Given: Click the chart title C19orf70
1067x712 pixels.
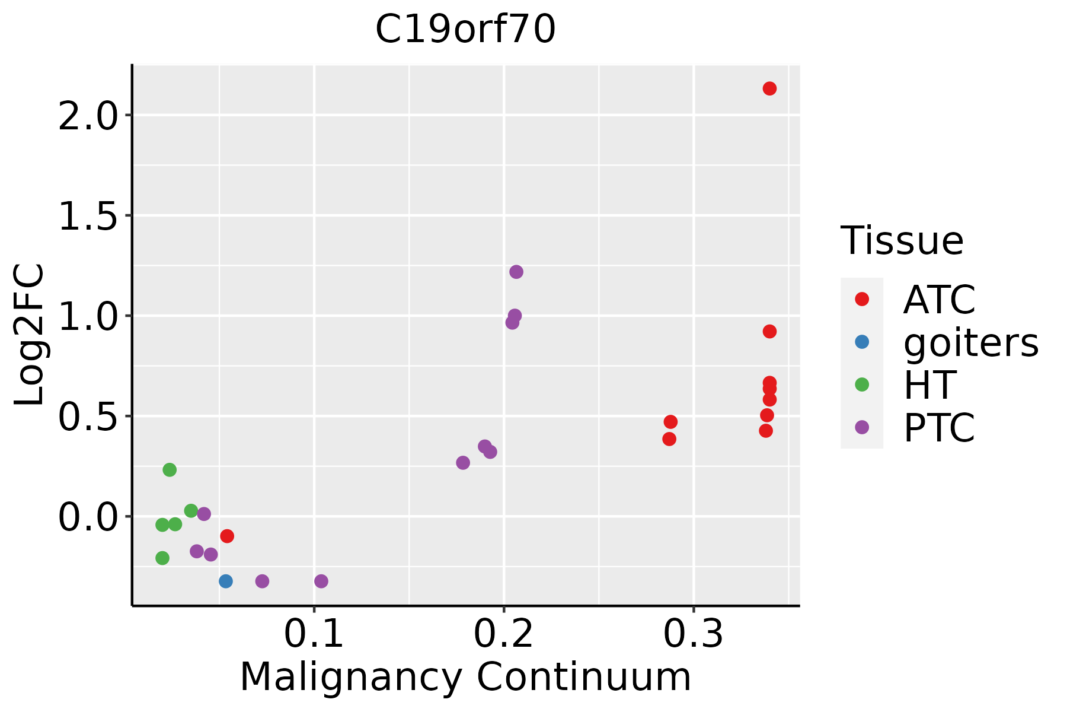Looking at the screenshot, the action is point(465,30).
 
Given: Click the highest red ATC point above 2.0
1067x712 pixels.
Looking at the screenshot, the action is point(769,88).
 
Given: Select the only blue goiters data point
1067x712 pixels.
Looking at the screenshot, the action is point(225,581).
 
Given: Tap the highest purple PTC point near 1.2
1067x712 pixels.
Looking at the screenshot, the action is point(516,272).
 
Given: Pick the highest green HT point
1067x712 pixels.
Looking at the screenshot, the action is point(170,470).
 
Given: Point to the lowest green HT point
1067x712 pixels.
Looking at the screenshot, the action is point(162,558).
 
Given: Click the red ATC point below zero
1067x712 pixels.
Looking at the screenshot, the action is point(226,536).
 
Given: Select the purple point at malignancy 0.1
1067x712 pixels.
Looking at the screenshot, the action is point(321,581).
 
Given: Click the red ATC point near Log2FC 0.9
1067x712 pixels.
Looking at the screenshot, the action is point(769,331).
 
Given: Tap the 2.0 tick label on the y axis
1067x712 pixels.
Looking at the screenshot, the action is point(88,115).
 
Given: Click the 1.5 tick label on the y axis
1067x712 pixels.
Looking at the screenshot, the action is point(88,215).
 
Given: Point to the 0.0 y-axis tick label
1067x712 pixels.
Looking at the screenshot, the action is point(88,516).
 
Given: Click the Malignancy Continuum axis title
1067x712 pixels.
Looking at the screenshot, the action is point(465,677).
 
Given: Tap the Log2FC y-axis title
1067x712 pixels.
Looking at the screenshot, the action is point(30,335).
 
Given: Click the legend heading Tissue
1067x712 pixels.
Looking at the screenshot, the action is point(902,241).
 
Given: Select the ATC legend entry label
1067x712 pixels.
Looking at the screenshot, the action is point(939,300).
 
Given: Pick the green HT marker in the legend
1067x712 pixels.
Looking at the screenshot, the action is point(862,384).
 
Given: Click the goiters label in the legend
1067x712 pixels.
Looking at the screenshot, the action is point(971,342).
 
